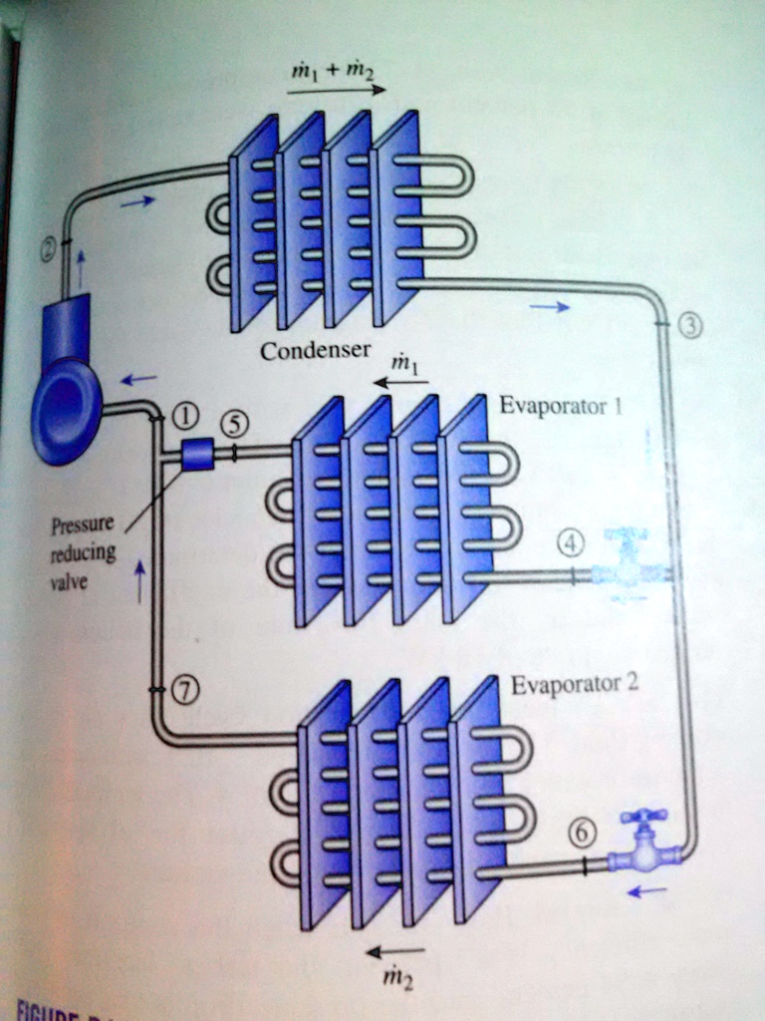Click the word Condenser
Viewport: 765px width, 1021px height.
(315, 351)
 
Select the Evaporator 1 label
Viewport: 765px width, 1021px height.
(561, 406)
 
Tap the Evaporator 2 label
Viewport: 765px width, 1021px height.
(574, 685)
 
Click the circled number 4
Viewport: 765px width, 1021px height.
(569, 544)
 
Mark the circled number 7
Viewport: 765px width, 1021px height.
(185, 690)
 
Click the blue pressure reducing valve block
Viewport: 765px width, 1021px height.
(198, 455)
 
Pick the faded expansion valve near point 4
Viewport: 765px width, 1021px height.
(627, 564)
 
